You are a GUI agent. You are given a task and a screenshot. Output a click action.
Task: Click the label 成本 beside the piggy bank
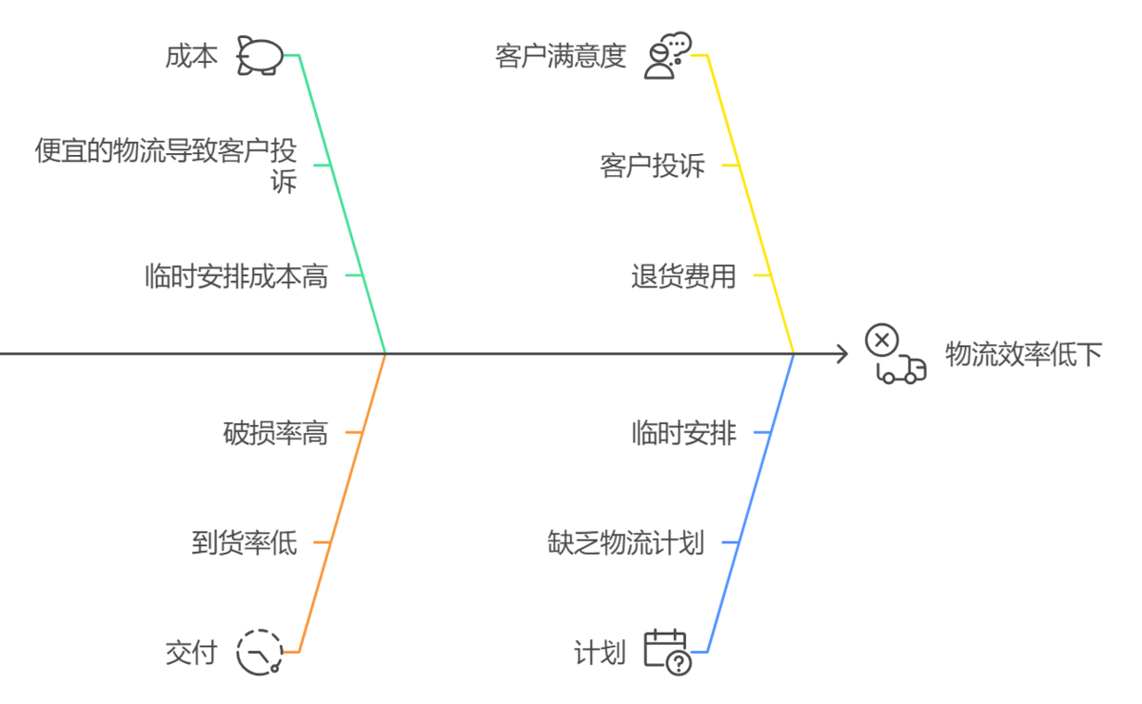[x=191, y=56]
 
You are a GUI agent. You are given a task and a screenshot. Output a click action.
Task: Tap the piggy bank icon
[x=260, y=55]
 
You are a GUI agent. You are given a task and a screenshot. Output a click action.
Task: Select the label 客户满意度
[x=561, y=56]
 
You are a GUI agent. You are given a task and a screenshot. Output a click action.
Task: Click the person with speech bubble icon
[x=666, y=56]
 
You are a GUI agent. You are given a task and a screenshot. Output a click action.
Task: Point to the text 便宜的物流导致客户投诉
[x=166, y=165]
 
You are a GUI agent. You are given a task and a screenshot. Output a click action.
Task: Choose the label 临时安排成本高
[x=236, y=276]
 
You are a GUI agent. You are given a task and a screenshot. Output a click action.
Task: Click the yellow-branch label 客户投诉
[x=653, y=166]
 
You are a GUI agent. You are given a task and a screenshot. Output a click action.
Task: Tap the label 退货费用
[x=683, y=276]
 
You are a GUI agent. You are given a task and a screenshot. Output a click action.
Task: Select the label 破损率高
[x=275, y=434]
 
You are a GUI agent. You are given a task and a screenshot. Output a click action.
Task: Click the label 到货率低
[x=245, y=543]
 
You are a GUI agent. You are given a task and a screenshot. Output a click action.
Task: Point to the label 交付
[x=191, y=653]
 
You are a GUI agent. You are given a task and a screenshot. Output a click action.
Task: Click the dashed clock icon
[x=260, y=653]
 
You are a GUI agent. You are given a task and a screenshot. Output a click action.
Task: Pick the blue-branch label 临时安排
[x=683, y=434]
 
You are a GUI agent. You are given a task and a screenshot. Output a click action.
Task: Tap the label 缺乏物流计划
[x=625, y=543]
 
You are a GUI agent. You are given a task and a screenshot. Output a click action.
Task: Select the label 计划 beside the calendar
[x=600, y=653]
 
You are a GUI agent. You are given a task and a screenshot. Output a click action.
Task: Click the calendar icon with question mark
[x=666, y=652]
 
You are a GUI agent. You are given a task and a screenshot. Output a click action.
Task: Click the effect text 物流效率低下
[x=1023, y=355]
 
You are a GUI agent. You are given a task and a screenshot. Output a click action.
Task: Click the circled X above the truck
[x=881, y=340]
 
